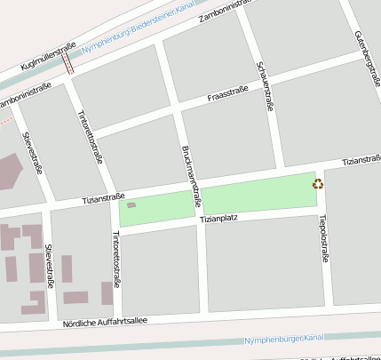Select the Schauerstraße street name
tap(263, 85)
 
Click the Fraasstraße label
tap(226, 92)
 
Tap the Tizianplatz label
tap(218, 218)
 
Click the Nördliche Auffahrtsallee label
tap(105, 321)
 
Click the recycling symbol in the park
tap(317, 184)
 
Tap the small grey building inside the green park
tap(131, 205)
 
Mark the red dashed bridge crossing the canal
tap(68, 60)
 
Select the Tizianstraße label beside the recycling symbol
tap(361, 161)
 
